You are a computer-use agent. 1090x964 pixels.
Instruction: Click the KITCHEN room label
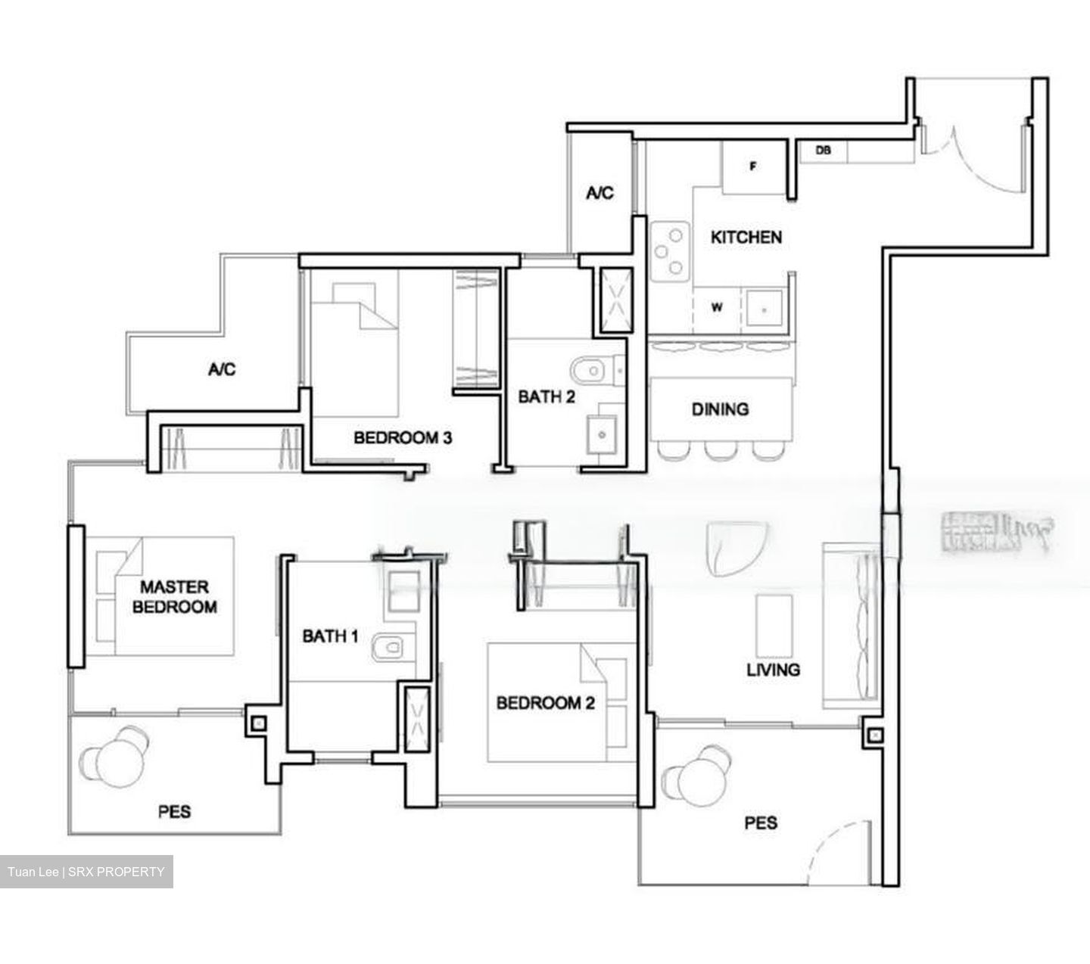[746, 238]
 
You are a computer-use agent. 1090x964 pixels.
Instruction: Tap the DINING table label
[720, 409]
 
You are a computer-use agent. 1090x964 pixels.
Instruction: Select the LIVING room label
[773, 670]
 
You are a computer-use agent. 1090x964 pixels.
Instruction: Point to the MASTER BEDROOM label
[174, 596]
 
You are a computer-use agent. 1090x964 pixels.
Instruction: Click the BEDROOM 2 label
[545, 703]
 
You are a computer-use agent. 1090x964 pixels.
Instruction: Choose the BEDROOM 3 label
[403, 437]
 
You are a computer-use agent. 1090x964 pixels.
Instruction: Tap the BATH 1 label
[330, 636]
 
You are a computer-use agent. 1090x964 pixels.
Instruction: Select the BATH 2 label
[546, 396]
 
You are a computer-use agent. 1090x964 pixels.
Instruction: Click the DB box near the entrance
[823, 151]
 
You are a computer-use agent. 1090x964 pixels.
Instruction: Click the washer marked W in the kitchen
[716, 308]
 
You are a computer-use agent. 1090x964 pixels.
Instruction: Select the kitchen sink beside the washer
[765, 309]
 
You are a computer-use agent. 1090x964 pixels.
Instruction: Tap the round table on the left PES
[116, 760]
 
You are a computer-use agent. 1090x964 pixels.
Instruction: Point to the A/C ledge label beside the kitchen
[599, 194]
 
